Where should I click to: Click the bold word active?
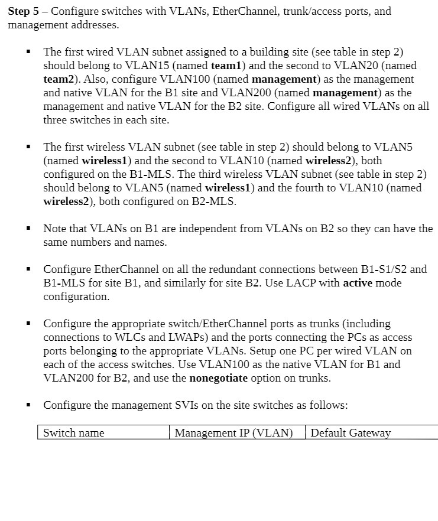pos(362,283)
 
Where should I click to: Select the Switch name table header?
pos(73,433)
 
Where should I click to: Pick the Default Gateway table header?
pos(351,433)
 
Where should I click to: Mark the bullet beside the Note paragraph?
pos(28,229)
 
